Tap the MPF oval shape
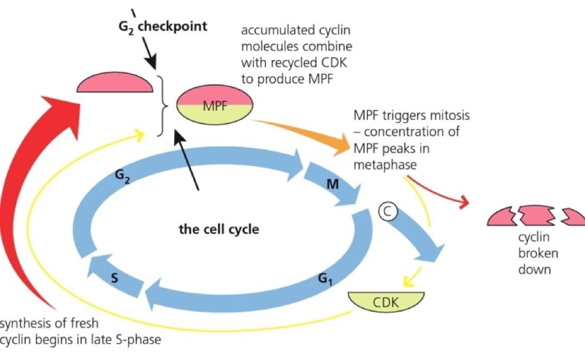[x=214, y=106]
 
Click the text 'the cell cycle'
[x=219, y=228]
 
